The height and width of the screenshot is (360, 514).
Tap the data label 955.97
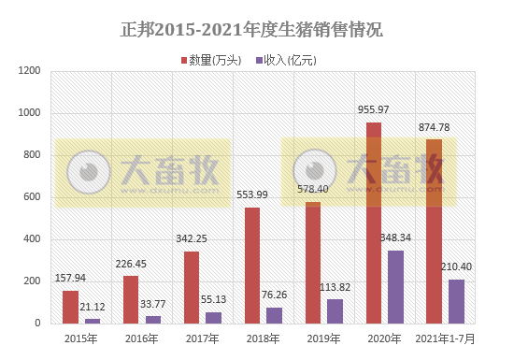(374, 110)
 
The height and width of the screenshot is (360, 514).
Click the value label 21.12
(92, 308)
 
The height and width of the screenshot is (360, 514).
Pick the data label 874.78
(434, 127)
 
